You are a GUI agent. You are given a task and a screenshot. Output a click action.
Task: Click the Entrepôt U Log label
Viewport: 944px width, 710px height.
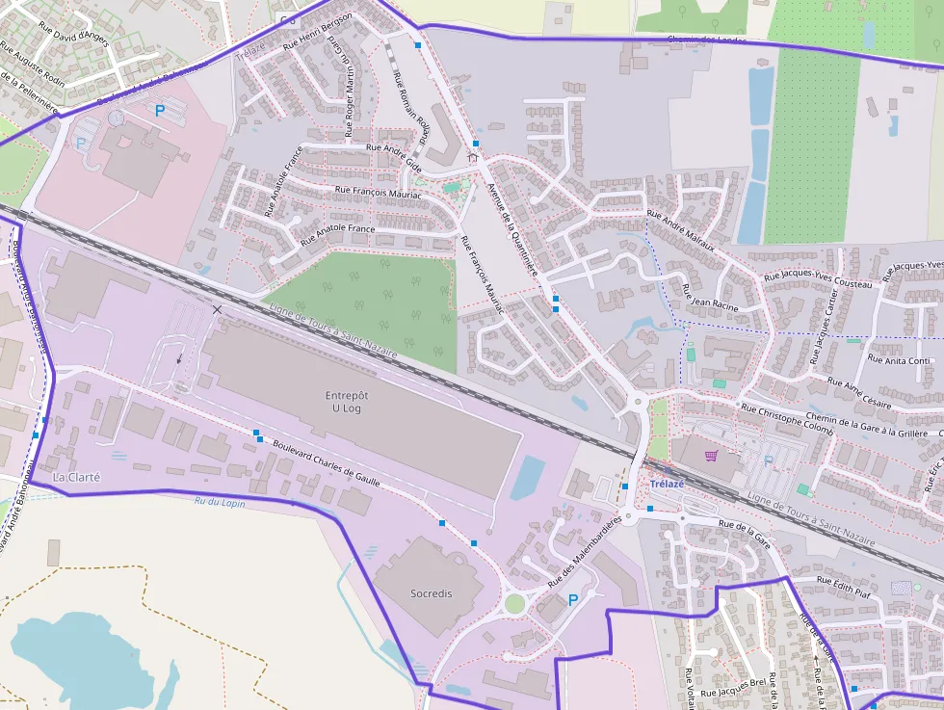347,402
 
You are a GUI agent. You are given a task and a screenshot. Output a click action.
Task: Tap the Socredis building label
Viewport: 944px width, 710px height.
430,593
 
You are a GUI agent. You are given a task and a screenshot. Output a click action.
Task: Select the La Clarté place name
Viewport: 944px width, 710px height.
77,477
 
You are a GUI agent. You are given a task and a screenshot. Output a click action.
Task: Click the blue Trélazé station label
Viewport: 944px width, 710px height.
667,484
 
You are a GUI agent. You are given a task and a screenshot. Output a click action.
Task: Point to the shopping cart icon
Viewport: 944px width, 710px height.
711,456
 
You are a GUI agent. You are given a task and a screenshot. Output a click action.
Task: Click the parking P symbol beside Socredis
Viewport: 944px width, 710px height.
573,600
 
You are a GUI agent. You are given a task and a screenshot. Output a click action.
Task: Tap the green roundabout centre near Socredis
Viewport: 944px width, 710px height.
515,604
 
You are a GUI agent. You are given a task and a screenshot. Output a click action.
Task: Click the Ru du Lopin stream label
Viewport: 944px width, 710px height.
220,502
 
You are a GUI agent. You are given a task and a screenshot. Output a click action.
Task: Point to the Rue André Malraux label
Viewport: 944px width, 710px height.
680,230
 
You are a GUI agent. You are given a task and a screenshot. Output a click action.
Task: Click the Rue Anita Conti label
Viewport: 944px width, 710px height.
899,360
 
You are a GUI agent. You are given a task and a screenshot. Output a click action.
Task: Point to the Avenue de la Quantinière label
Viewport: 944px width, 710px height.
512,231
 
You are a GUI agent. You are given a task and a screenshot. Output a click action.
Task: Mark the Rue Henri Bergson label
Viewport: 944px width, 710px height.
318,31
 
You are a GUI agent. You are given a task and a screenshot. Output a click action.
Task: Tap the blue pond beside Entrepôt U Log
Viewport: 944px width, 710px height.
527,478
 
